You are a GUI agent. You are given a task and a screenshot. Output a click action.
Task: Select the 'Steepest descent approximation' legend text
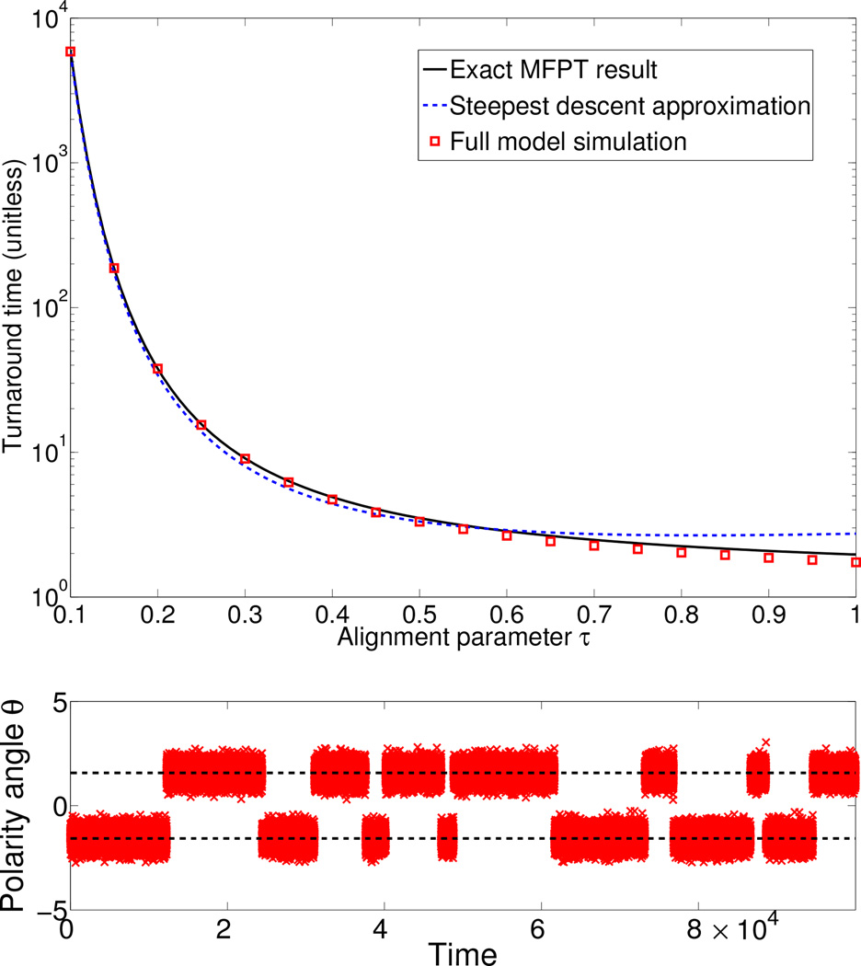[x=629, y=106]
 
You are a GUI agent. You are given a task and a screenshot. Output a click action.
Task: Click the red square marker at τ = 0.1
[x=71, y=52]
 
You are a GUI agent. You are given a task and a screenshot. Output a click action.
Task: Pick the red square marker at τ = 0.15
[x=114, y=268]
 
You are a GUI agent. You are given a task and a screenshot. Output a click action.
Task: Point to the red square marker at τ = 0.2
[x=157, y=369]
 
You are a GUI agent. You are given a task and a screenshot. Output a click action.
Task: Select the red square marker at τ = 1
[x=855, y=562]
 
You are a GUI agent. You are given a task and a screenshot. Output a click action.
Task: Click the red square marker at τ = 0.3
[x=245, y=458]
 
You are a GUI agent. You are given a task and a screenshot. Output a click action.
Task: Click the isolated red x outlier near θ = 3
[x=765, y=742]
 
